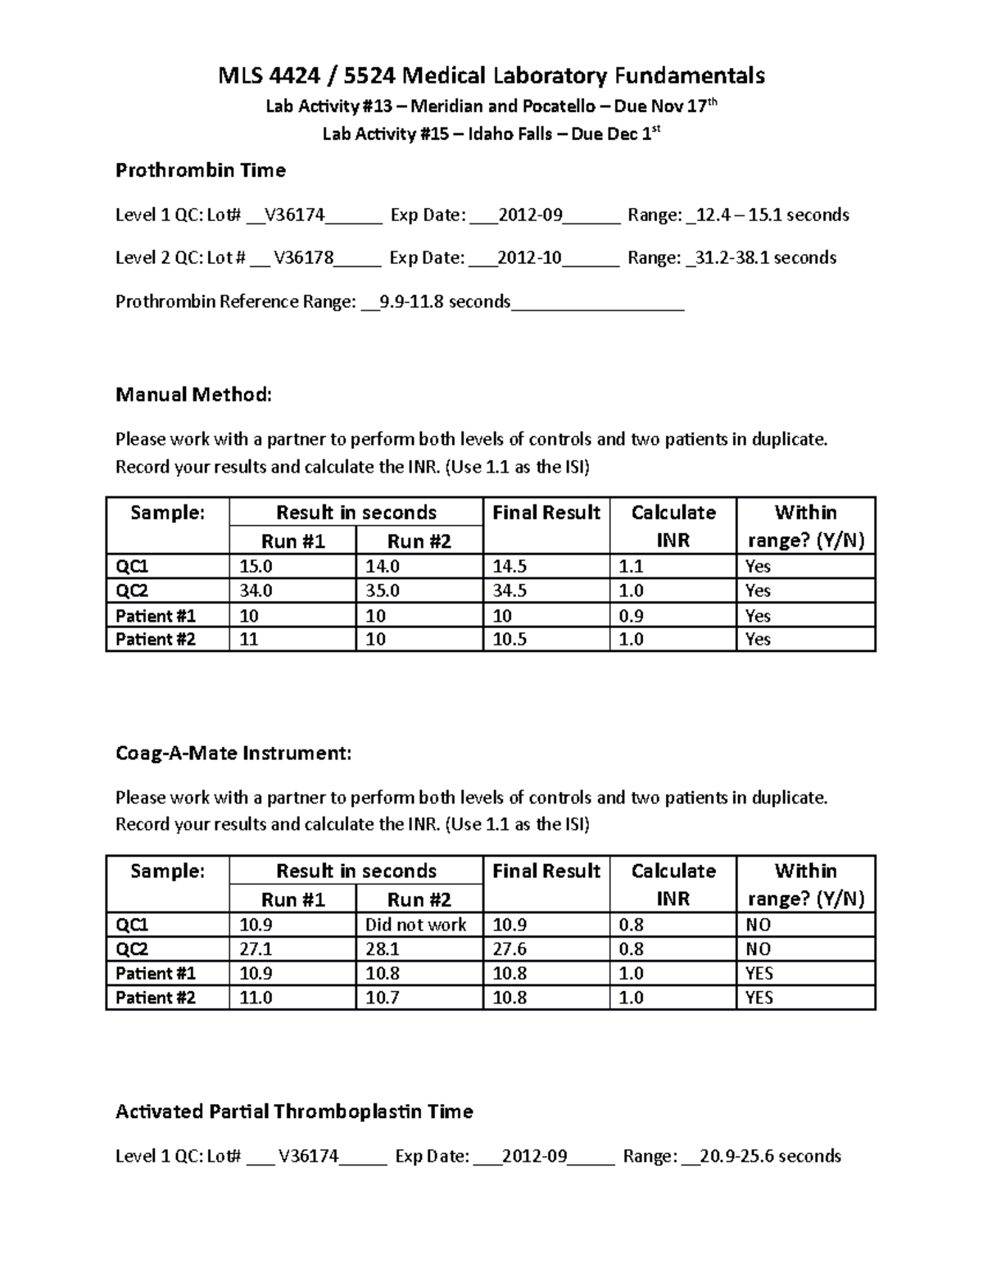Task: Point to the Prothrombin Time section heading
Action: coord(200,170)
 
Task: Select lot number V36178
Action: coord(303,258)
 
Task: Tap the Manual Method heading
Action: coord(193,395)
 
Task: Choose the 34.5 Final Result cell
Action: coord(510,591)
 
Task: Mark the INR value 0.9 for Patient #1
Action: coord(632,616)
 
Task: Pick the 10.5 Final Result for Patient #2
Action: coord(510,640)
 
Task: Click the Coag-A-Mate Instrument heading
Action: coord(233,753)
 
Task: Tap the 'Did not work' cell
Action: coord(416,925)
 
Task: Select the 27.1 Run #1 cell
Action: coord(256,949)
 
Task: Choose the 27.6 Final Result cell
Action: coord(510,949)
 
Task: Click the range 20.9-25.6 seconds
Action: coord(771,1156)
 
